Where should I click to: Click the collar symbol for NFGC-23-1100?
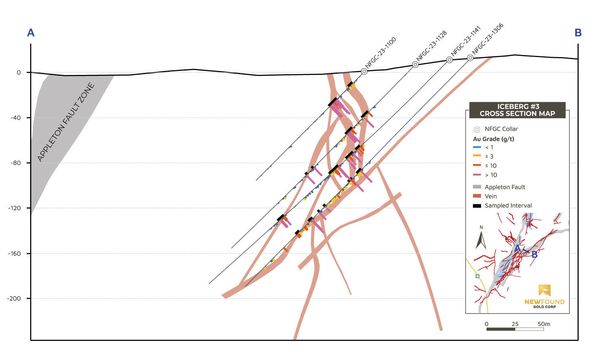point(364,71)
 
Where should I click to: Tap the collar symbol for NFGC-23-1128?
point(415,64)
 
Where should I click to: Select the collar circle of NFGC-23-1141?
point(449,60)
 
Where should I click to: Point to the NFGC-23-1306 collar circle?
point(470,58)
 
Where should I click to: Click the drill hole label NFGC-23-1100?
point(380,53)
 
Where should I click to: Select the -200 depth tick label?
point(14,299)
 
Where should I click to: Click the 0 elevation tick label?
point(19,73)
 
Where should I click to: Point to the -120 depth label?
point(14,208)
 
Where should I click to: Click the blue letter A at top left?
point(31,33)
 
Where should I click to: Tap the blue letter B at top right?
point(578,33)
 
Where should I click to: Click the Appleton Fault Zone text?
point(66,122)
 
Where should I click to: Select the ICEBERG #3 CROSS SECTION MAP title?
point(517,110)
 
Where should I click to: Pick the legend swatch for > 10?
point(477,175)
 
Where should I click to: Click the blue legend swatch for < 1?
point(477,147)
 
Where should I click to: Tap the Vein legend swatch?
point(477,196)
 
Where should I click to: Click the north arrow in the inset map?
point(481,239)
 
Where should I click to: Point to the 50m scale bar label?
point(544,324)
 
